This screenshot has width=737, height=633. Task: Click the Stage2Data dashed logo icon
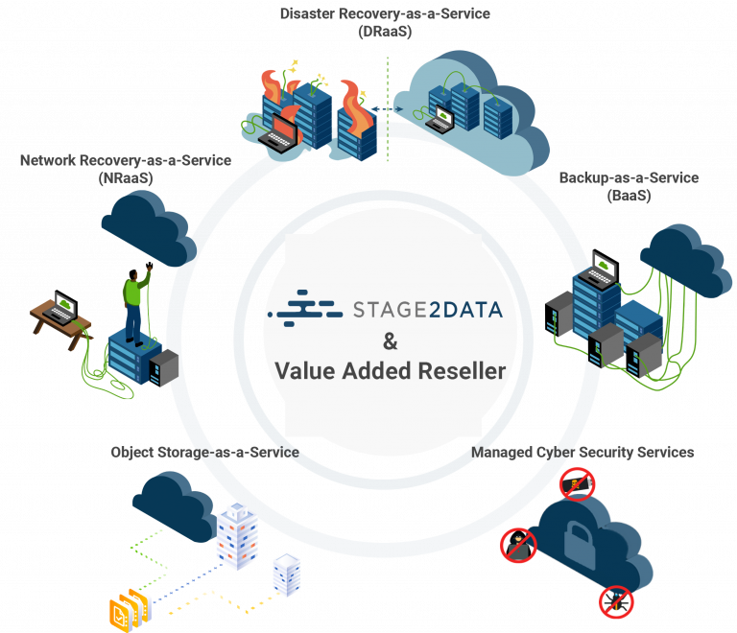point(306,309)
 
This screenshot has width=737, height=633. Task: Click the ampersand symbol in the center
point(390,340)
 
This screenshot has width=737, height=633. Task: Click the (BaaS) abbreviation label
point(629,196)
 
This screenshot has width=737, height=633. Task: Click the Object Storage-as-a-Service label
point(203,452)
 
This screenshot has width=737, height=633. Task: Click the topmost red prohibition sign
point(577,484)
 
